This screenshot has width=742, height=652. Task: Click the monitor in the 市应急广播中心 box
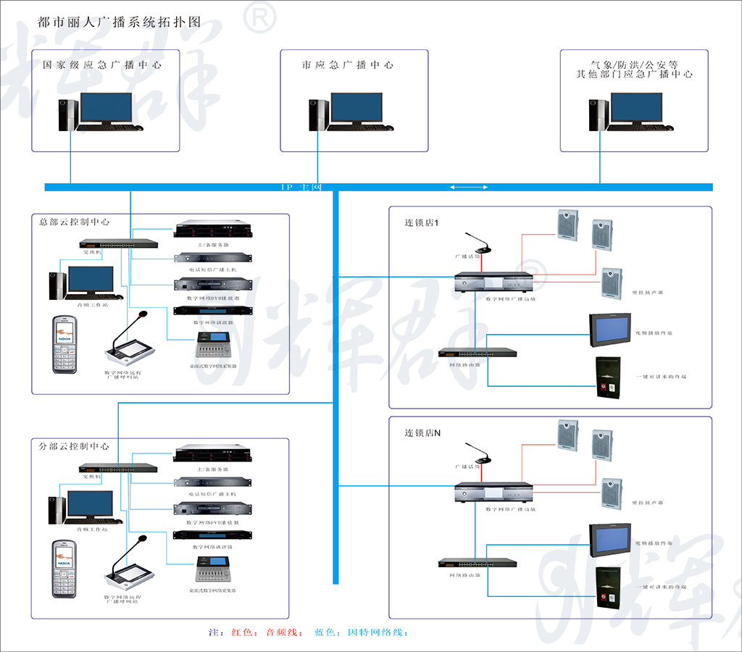tap(355, 109)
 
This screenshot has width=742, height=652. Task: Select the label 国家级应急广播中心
tap(102, 64)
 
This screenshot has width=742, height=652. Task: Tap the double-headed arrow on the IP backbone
tap(470, 188)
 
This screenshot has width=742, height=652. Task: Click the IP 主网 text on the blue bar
tap(301, 188)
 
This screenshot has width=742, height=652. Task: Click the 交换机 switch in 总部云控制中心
tap(117, 244)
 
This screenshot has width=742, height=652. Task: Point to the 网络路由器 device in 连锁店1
tap(478, 353)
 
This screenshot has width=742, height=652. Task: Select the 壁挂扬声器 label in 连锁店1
tap(649, 293)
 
